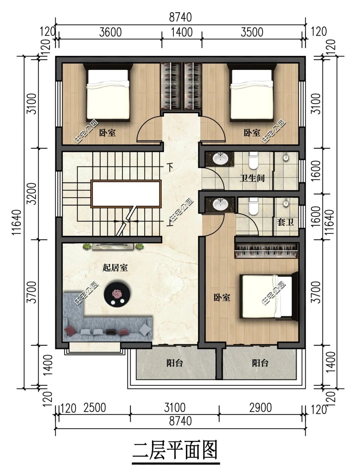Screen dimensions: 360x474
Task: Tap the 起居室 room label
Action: pos(115,268)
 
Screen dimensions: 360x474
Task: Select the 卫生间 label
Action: pos(252,178)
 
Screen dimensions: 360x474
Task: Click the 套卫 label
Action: pos(285,222)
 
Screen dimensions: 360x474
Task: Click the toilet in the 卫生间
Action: pos(253,161)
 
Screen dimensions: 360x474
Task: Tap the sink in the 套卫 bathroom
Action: pos(220,204)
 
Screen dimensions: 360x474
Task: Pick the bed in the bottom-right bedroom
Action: pos(269,296)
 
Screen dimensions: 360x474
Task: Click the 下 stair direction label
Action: pos(170,167)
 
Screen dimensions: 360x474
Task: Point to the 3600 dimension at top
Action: pos(110,32)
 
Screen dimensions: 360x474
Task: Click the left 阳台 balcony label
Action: pos(175,363)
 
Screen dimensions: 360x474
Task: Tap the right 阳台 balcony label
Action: pos(260,363)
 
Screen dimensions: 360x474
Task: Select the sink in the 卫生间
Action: pos(220,159)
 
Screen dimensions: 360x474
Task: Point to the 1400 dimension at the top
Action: pos(182,32)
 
